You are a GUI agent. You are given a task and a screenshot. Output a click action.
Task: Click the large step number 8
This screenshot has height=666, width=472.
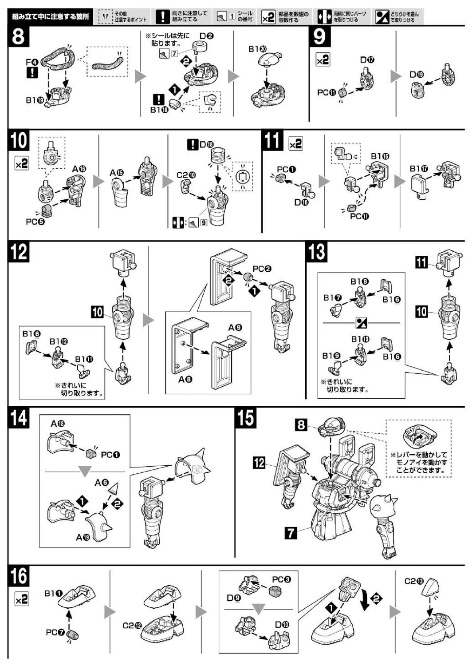(18, 36)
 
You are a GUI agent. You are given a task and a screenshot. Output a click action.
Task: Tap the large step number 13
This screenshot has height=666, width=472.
(317, 252)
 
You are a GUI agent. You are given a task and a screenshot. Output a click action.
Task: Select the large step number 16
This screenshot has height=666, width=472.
(19, 576)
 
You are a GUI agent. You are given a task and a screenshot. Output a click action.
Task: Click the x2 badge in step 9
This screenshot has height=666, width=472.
(323, 59)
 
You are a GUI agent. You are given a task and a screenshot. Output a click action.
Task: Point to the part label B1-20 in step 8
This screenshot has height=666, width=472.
(257, 49)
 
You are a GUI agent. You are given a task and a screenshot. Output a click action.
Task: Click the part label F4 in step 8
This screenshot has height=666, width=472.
(31, 62)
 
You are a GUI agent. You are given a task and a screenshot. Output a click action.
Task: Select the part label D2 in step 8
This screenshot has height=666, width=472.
(206, 36)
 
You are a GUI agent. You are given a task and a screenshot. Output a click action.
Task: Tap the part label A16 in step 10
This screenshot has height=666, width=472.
(79, 169)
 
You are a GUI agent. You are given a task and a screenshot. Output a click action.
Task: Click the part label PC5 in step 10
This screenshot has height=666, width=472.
(35, 221)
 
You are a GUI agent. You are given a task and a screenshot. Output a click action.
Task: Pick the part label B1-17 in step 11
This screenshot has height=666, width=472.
(418, 169)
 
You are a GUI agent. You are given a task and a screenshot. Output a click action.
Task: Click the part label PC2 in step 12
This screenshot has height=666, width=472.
(262, 269)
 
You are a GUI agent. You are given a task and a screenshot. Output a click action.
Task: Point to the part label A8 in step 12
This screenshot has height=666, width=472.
(185, 380)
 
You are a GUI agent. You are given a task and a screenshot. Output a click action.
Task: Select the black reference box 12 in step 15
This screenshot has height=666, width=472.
(259, 463)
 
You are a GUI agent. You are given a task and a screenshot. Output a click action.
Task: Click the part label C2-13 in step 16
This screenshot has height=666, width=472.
(414, 581)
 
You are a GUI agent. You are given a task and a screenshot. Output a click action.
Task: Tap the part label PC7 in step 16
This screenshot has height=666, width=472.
(55, 632)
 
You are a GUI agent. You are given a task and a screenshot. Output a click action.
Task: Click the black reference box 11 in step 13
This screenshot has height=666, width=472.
(421, 262)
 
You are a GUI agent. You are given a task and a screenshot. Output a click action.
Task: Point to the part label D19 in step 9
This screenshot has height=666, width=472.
(416, 75)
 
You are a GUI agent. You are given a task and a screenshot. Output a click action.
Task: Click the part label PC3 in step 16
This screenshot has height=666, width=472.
(281, 579)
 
